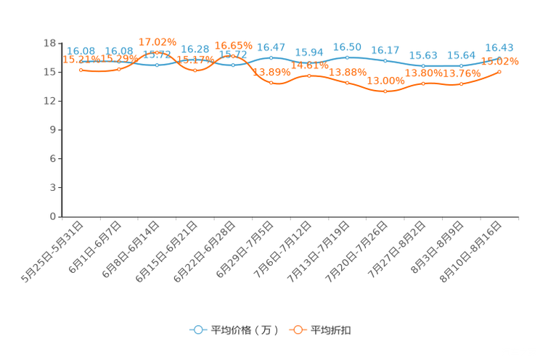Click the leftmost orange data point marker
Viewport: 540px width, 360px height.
(81, 70)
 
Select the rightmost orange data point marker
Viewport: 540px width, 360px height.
(500, 71)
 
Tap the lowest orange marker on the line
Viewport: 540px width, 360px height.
(385, 91)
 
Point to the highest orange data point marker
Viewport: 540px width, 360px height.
(157, 52)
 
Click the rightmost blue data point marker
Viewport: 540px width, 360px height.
(500, 58)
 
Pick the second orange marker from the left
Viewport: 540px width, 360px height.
(119, 69)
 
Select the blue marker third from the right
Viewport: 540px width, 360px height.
(423, 66)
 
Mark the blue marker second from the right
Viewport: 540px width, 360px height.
(462, 66)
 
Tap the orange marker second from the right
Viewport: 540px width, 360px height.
(462, 83)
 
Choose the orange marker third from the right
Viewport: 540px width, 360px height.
(423, 83)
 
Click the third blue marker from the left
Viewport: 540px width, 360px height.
(157, 65)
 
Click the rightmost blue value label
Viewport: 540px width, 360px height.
(499, 48)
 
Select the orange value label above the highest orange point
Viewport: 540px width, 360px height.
(158, 41)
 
